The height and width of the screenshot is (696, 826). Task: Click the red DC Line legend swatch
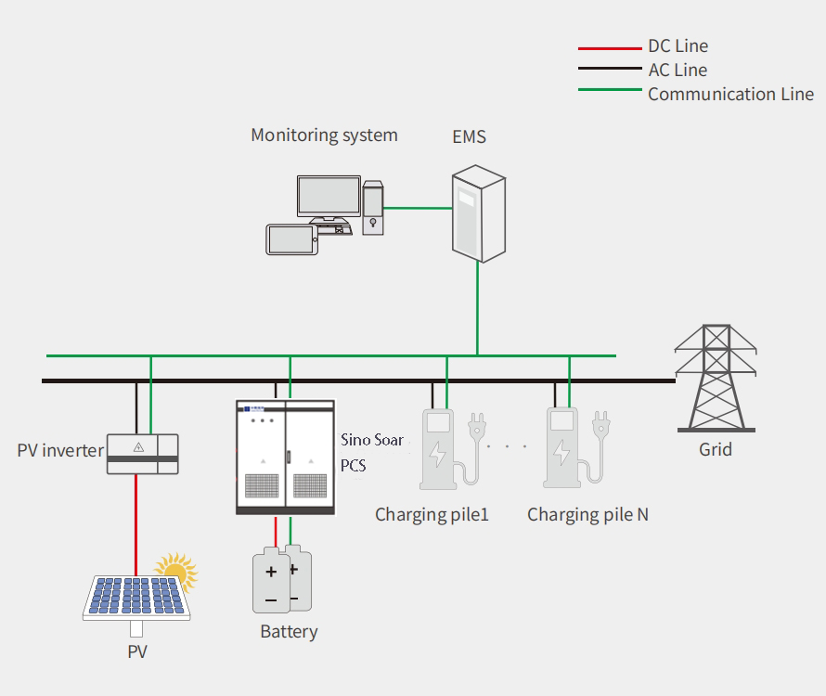coord(610,46)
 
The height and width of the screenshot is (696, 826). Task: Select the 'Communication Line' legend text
coord(730,94)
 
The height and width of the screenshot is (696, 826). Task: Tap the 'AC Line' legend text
coord(677,70)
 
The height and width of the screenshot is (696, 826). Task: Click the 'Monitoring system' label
coord(324,135)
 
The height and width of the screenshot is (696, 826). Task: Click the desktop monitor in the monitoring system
coord(329,198)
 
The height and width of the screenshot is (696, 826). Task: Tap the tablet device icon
coord(291,239)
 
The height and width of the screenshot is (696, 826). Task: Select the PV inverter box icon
coord(141,454)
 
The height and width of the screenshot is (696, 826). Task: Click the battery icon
coord(281,583)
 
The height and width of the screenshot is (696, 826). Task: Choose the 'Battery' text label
coord(289,632)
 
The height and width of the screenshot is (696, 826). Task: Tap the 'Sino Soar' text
coord(371,440)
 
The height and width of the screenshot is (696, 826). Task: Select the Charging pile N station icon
coord(562,448)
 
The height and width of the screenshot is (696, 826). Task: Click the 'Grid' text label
coord(715,449)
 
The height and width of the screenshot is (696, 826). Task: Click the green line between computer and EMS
coord(418,207)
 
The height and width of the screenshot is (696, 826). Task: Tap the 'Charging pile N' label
coord(587,514)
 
